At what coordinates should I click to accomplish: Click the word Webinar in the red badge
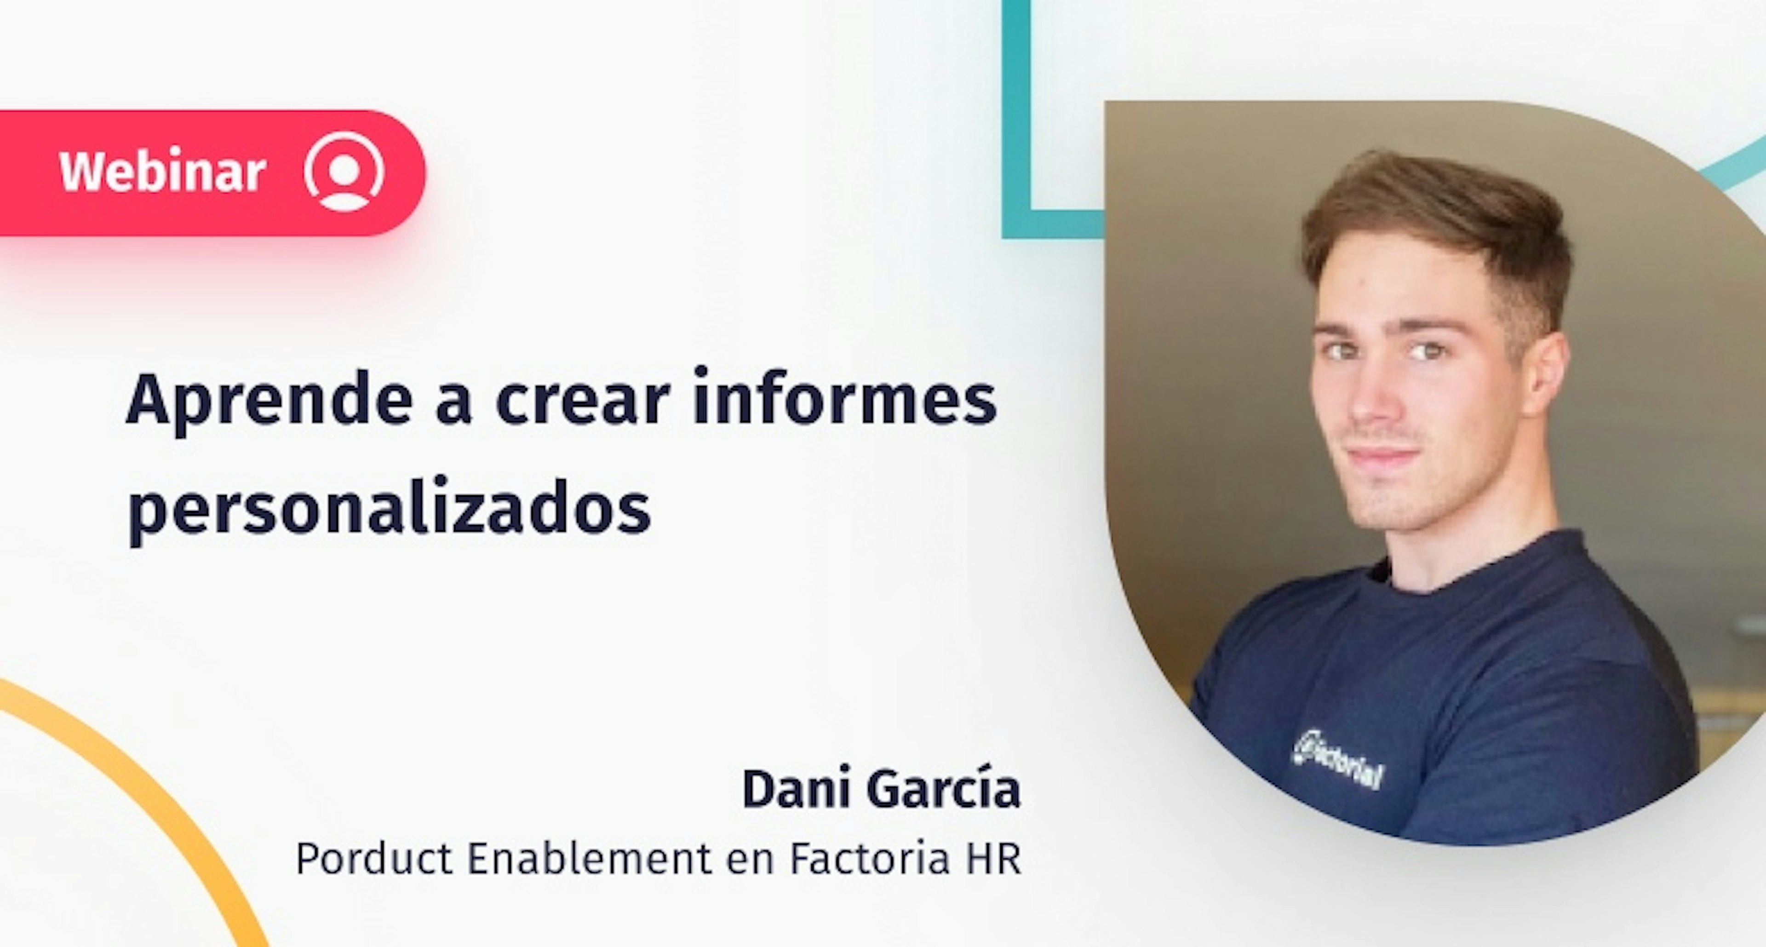pyautogui.click(x=162, y=172)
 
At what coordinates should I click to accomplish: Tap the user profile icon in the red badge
pyautogui.click(x=344, y=172)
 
